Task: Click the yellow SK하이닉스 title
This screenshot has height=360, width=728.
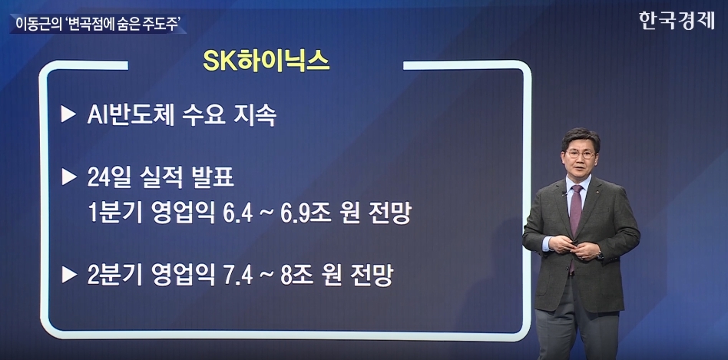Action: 266,61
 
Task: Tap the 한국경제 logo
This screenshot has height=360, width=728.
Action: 677,21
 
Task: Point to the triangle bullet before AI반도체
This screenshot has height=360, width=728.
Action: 68,114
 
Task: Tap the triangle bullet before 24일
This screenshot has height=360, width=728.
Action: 68,177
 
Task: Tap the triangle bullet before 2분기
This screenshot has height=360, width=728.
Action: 68,275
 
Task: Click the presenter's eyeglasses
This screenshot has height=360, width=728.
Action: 581,154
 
